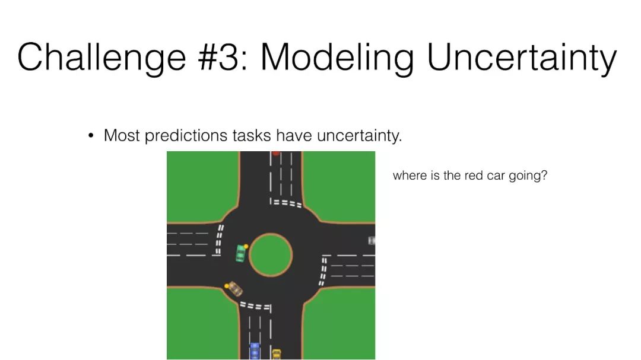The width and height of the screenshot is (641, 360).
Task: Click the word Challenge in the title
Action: [102, 58]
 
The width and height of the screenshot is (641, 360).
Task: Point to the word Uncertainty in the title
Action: [522, 58]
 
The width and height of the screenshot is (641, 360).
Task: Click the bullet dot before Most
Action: [91, 135]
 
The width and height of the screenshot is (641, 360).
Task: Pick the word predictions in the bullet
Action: [186, 136]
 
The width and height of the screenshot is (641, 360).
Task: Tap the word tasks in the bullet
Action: [252, 136]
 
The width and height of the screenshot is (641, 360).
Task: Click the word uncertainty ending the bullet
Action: [359, 136]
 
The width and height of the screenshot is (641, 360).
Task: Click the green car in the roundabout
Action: [241, 253]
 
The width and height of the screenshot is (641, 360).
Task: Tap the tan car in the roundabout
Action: [234, 288]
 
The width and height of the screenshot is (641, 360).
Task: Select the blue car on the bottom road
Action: [255, 351]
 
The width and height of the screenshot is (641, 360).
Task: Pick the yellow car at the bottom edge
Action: [277, 354]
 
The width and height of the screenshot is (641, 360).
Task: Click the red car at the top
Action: [277, 153]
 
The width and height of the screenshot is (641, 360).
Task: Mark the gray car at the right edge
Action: [371, 240]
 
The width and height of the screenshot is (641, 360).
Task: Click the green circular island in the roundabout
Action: [271, 254]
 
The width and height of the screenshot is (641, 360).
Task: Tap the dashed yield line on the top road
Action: [285, 203]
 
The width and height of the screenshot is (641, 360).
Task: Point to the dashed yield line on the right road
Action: [323, 270]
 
